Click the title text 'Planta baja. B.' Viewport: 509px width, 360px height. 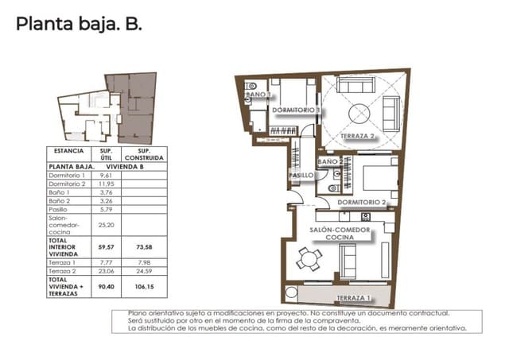pos(79,25)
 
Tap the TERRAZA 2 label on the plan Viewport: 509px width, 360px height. pos(358,136)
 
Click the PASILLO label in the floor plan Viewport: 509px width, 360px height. pos(299,174)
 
